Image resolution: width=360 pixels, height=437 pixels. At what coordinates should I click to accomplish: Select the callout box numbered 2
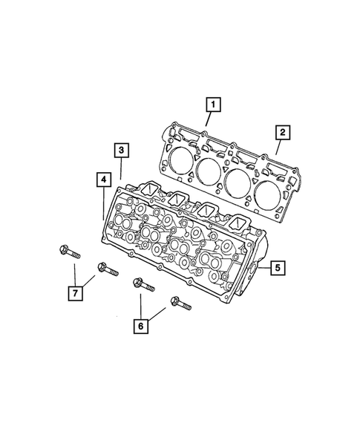coord(282,134)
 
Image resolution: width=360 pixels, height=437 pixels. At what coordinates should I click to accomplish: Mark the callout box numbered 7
coord(76,293)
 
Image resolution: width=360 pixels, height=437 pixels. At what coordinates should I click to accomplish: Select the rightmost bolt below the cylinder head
coord(180,303)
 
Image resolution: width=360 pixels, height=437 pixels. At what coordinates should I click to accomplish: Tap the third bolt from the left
coord(141,284)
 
